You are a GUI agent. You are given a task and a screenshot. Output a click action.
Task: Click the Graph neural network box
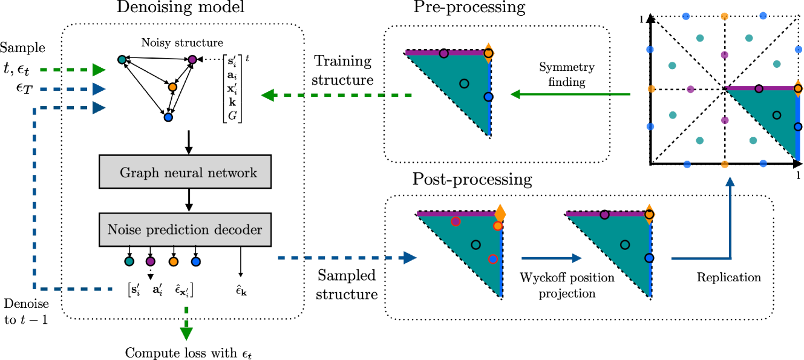185,172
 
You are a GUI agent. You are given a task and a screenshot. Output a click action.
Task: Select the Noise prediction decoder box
185,230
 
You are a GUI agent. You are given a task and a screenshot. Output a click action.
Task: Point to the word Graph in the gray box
134,173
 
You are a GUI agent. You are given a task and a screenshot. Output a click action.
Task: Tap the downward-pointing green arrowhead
186,333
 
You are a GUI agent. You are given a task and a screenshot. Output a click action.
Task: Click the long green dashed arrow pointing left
336,95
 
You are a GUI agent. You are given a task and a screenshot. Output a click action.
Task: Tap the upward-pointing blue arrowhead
730,182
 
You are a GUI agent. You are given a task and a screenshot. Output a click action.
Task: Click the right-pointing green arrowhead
99,70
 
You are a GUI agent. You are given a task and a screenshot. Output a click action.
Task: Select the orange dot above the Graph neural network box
172,87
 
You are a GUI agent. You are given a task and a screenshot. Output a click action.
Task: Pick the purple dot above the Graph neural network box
192,60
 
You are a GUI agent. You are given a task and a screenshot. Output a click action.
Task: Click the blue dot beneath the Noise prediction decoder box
196,262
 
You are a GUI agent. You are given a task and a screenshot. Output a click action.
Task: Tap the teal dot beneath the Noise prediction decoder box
129,261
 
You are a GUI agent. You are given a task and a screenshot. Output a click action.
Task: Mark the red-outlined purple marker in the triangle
456,222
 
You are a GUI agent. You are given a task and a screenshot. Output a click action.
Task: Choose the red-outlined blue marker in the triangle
493,259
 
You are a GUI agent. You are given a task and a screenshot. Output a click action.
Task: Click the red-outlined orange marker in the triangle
497,226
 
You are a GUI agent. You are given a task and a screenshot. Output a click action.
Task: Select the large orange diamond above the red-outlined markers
500,214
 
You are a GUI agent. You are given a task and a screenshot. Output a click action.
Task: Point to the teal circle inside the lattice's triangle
777,115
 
